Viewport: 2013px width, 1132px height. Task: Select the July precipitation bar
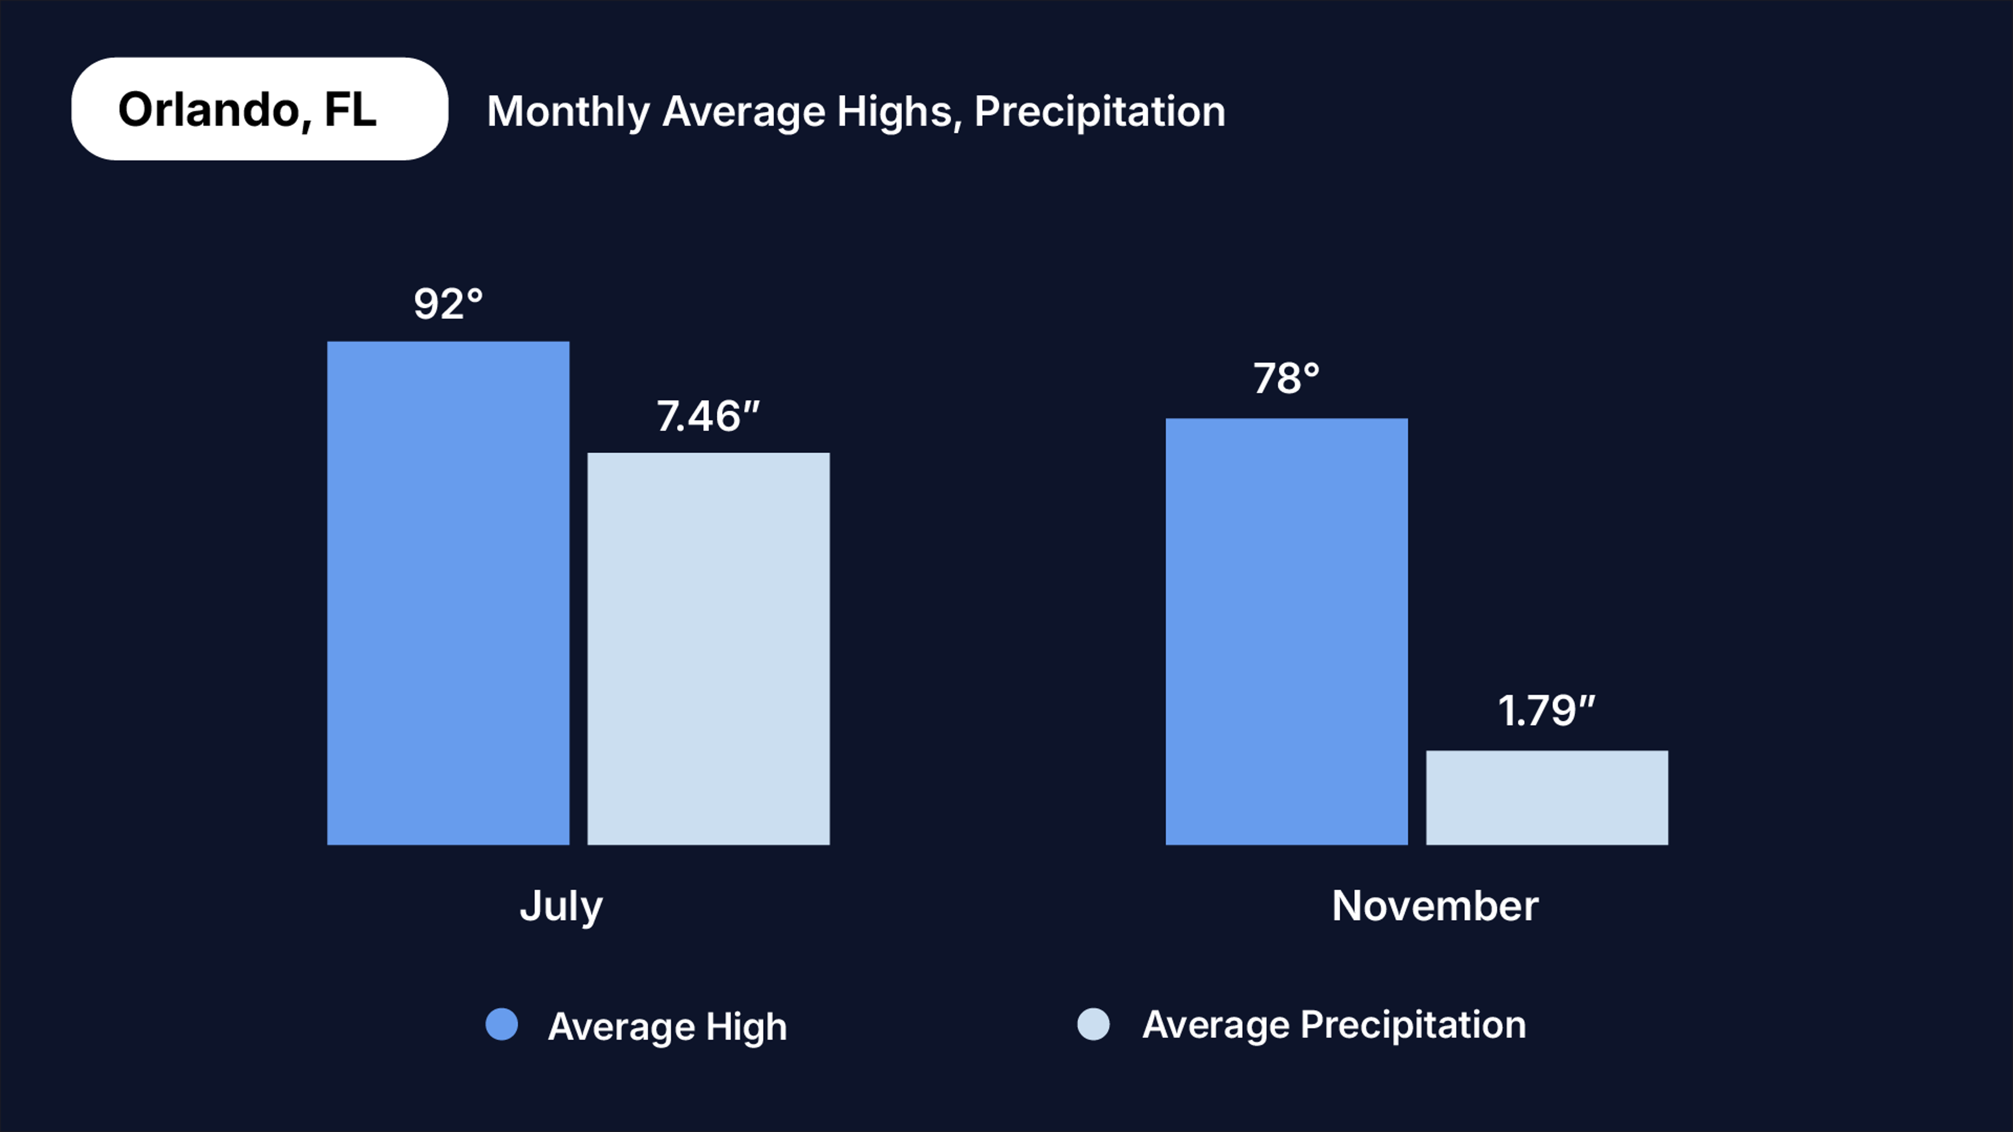[708, 648]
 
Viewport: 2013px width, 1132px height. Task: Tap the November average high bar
[1286, 631]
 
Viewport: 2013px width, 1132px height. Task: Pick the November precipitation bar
[1546, 798]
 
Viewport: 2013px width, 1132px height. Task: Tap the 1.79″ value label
[1546, 711]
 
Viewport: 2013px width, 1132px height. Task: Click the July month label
[561, 906]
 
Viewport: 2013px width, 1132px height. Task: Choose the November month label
[1435, 906]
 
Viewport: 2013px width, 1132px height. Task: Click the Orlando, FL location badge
[259, 108]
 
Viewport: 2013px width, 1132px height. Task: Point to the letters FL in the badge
[350, 110]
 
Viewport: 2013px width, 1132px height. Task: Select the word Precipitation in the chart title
[1099, 112]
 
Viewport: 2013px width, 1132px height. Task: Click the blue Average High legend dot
[502, 1024]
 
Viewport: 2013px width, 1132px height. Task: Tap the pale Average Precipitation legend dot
[1093, 1024]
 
